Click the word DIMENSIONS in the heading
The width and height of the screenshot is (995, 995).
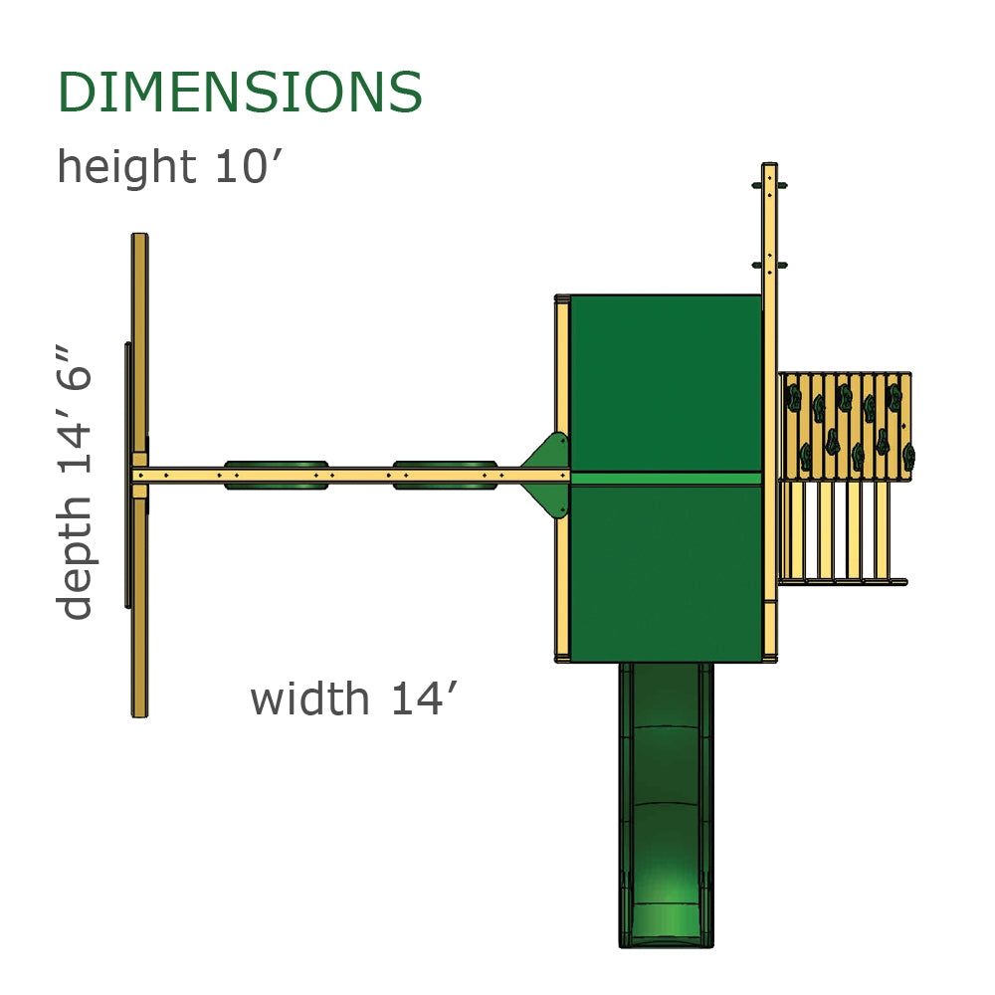pyautogui.click(x=240, y=93)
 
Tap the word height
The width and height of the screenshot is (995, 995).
pyautogui.click(x=123, y=166)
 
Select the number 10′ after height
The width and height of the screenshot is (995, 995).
pyautogui.click(x=238, y=166)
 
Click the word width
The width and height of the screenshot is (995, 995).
pyautogui.click(x=308, y=698)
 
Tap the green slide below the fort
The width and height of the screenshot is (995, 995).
pyautogui.click(x=666, y=796)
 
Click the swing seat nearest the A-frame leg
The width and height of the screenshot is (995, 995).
pyautogui.click(x=276, y=475)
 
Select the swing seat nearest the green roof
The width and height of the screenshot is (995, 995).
pyautogui.click(x=445, y=475)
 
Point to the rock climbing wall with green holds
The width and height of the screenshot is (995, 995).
pyautogui.click(x=845, y=426)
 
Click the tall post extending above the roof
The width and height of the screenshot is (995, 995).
pyautogui.click(x=769, y=229)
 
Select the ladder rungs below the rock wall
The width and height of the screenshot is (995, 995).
pyautogui.click(x=841, y=532)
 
